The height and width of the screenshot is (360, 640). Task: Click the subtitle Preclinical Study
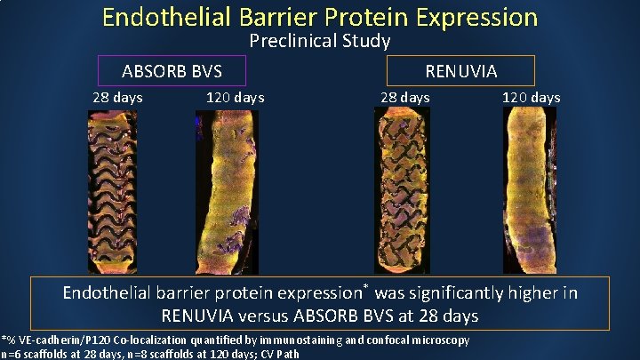320,41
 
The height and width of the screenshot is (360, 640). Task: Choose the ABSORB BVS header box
172,70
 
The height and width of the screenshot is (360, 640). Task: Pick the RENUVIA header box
461,70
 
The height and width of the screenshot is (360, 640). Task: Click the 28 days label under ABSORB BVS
117,97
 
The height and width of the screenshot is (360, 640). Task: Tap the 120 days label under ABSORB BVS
235,97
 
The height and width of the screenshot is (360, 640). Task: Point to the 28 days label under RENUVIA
404,97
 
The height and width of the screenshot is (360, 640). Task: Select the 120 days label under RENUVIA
531,97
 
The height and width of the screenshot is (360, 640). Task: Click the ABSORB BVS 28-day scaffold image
112,189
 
